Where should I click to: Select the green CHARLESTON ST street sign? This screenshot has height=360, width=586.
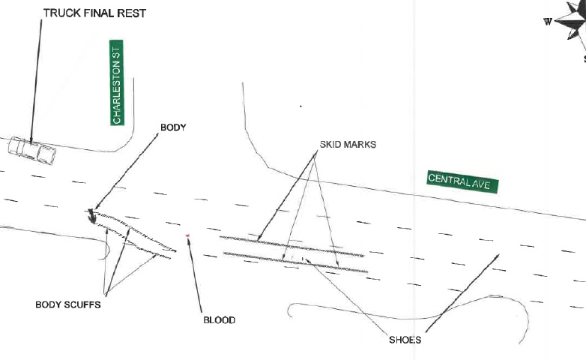click(x=117, y=83)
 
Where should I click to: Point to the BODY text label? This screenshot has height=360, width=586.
click(x=173, y=127)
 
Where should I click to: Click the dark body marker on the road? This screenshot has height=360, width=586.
click(x=91, y=217)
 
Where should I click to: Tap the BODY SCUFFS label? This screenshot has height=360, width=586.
click(x=68, y=305)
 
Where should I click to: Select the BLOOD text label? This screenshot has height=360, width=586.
click(x=220, y=320)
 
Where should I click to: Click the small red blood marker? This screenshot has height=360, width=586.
click(x=187, y=235)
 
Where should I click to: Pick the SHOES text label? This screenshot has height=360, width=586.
click(x=405, y=340)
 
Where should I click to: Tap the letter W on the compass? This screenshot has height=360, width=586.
click(x=548, y=21)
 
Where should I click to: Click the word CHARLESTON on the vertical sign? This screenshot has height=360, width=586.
click(x=117, y=91)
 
